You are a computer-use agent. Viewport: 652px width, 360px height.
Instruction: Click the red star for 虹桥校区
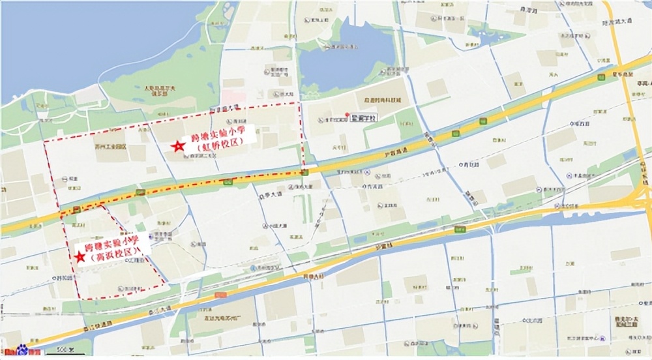pyautogui.click(x=177, y=147)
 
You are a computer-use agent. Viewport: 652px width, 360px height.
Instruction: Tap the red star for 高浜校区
pyautogui.click(x=80, y=258)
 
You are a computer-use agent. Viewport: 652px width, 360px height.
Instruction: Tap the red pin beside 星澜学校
pyautogui.click(x=346, y=116)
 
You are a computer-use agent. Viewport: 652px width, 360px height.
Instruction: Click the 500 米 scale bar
pyautogui.click(x=63, y=352)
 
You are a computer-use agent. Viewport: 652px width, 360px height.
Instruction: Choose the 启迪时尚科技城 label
pyautogui.click(x=383, y=100)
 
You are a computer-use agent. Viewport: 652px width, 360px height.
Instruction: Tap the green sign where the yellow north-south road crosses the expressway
pyautogui.click(x=600, y=76)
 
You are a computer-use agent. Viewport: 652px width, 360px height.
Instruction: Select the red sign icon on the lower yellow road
pyautogui.click(x=221, y=295)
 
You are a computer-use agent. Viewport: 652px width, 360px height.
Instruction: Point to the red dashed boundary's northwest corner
pyautogui.click(x=44, y=141)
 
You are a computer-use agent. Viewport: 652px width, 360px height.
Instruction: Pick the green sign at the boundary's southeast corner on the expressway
pyautogui.click(x=304, y=172)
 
